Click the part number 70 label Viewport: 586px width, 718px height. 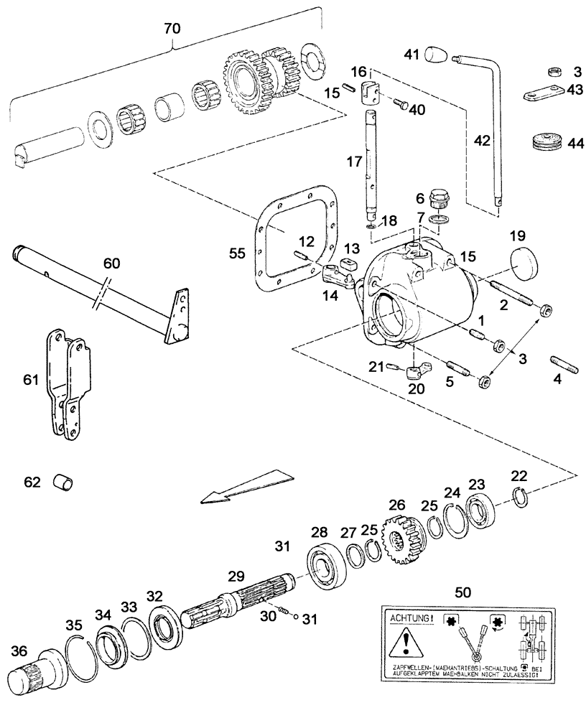[x=173, y=29]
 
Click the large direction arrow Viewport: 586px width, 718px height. [x=244, y=487]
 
